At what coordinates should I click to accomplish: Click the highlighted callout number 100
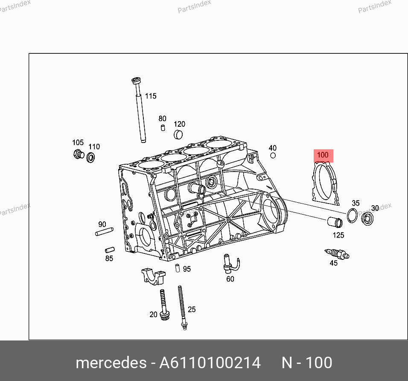click(x=323, y=155)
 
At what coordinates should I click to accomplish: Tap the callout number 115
click(x=151, y=96)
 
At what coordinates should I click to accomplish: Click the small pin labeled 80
click(x=163, y=128)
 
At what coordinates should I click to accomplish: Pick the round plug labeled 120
click(x=178, y=134)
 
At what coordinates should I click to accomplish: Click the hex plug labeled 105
click(x=79, y=154)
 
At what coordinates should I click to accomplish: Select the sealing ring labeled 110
click(x=90, y=157)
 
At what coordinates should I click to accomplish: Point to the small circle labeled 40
click(x=273, y=156)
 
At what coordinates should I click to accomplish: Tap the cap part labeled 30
click(x=367, y=218)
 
